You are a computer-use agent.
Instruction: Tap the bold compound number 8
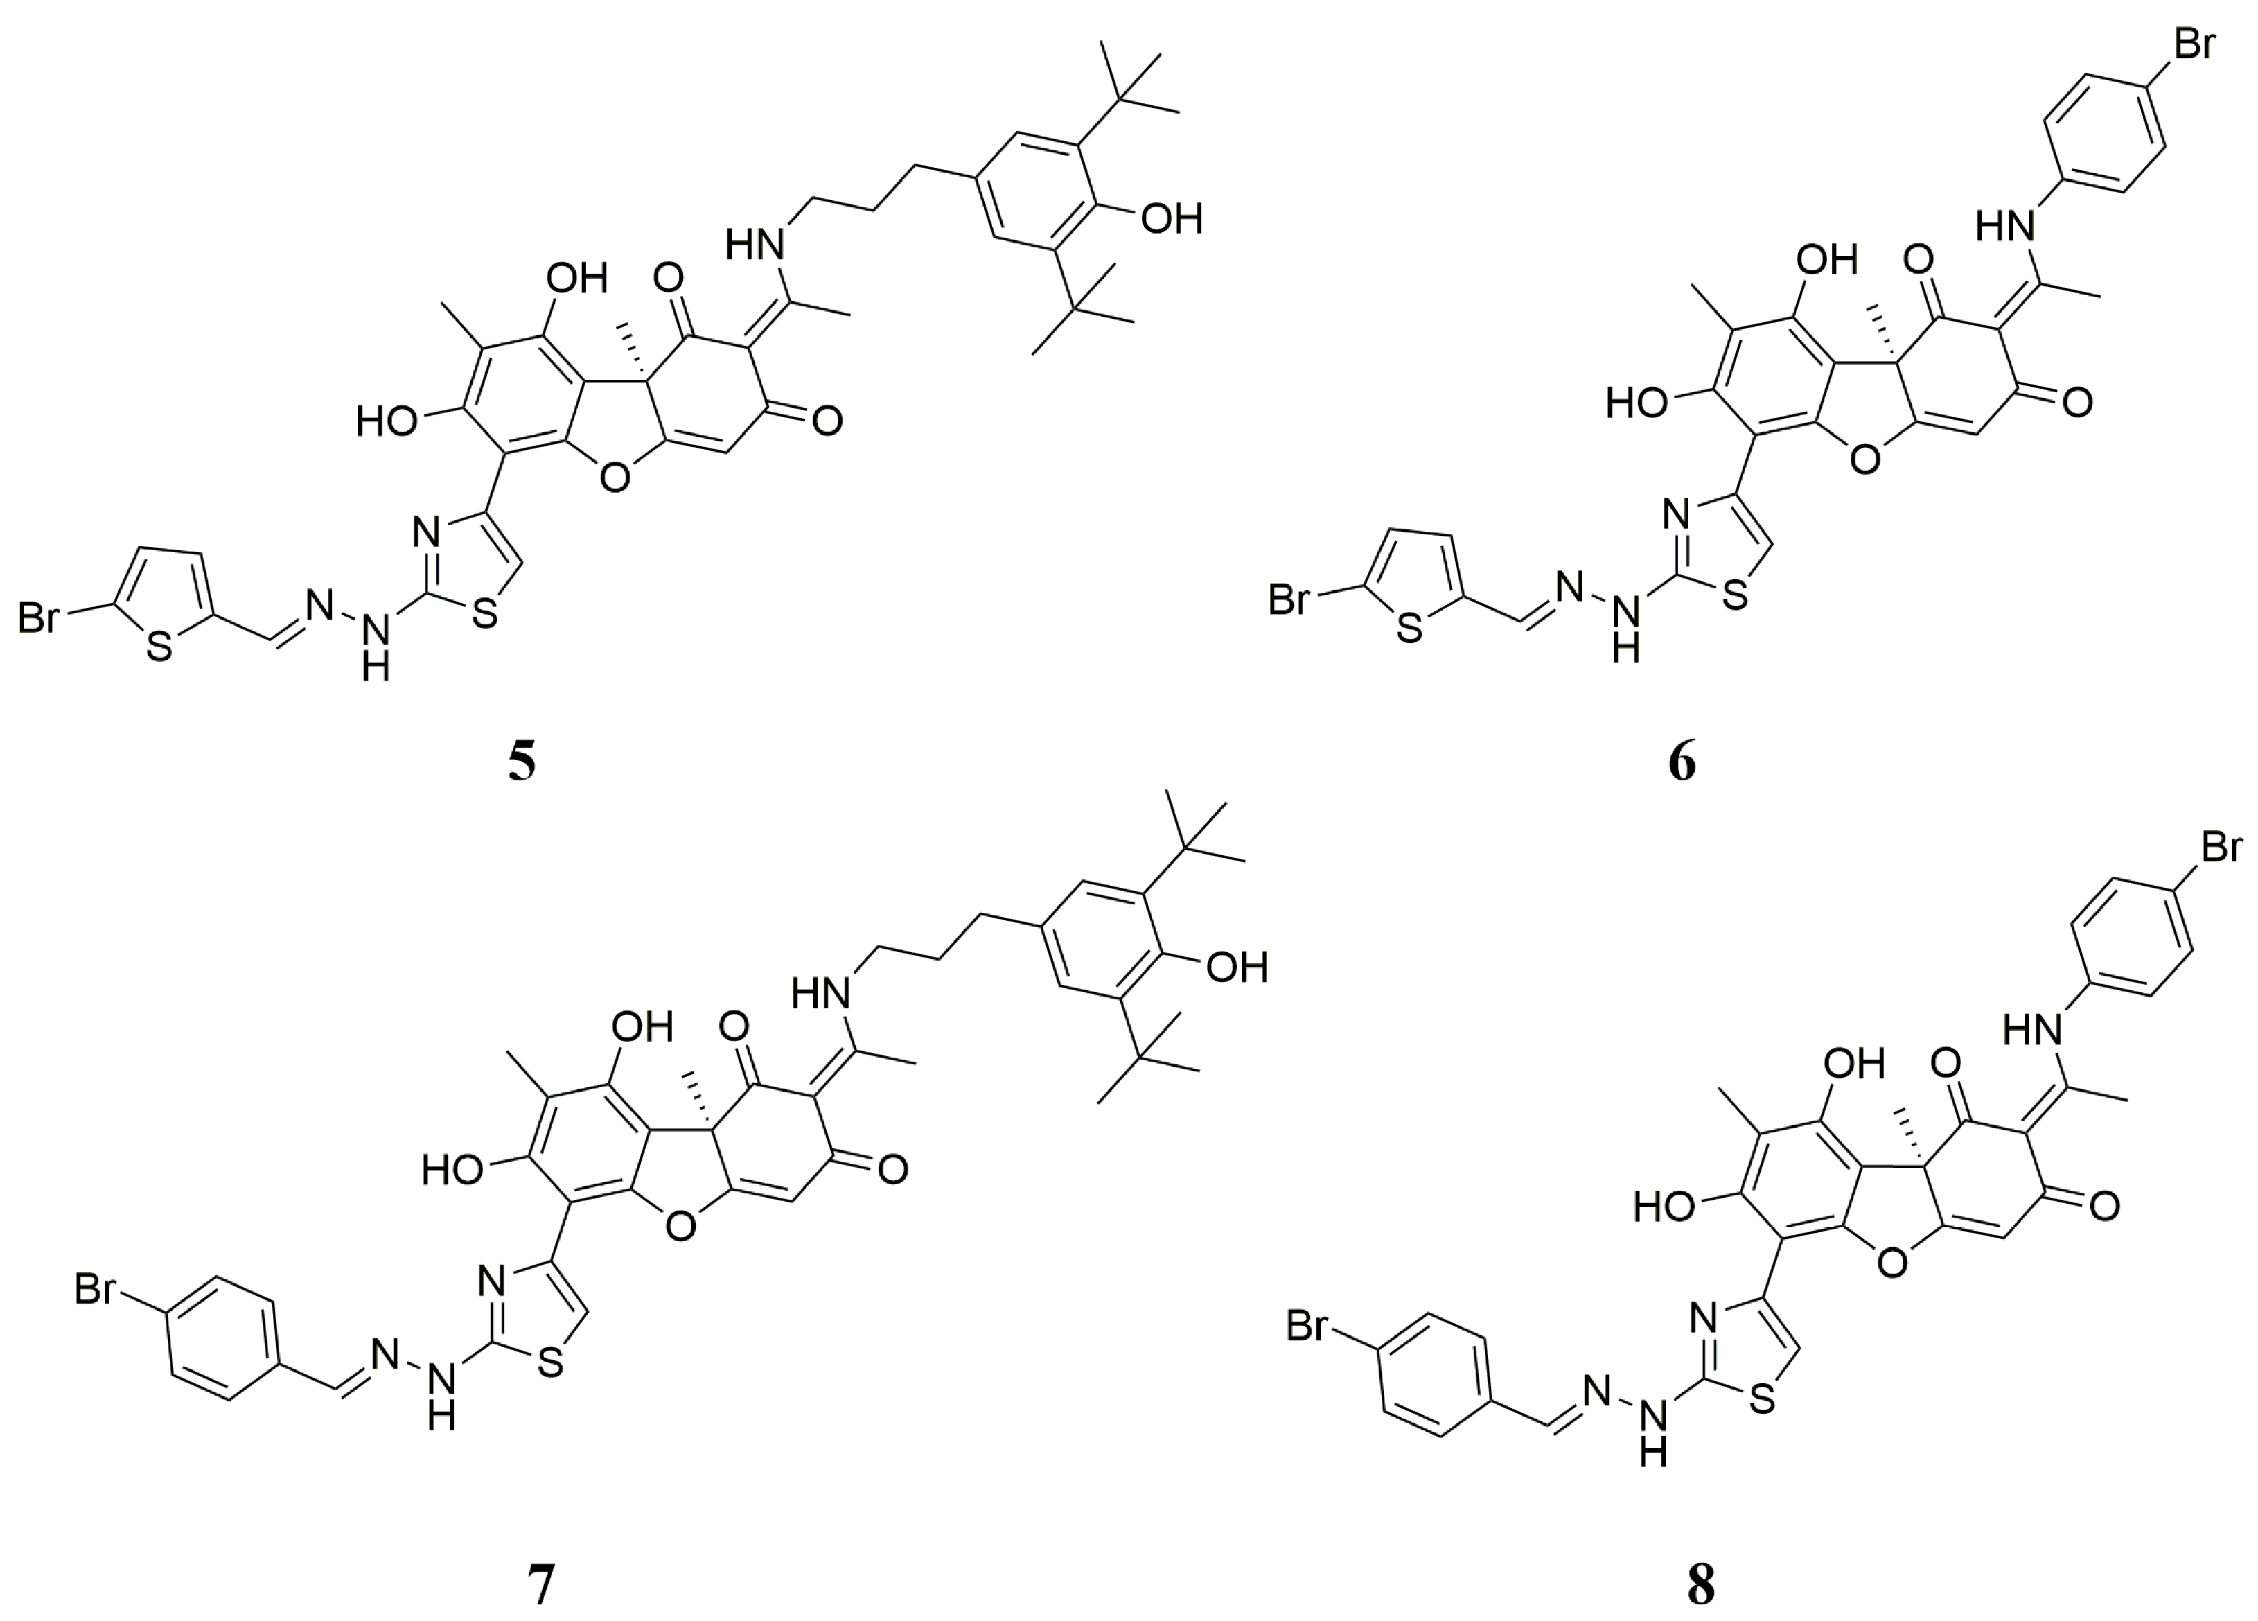click(x=1700, y=1584)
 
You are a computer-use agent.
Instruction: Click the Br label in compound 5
click(x=39, y=618)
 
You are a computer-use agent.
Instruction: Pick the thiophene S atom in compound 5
click(x=159, y=647)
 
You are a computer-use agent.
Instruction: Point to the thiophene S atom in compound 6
click(x=1409, y=629)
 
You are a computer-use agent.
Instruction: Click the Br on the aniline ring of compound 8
click(x=2220, y=848)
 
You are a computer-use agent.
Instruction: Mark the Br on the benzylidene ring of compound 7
click(x=96, y=1290)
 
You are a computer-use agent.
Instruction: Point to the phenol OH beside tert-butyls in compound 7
click(x=1237, y=967)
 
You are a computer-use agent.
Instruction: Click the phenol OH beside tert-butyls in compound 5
click(x=1171, y=218)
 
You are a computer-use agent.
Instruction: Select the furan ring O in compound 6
click(x=1864, y=458)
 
